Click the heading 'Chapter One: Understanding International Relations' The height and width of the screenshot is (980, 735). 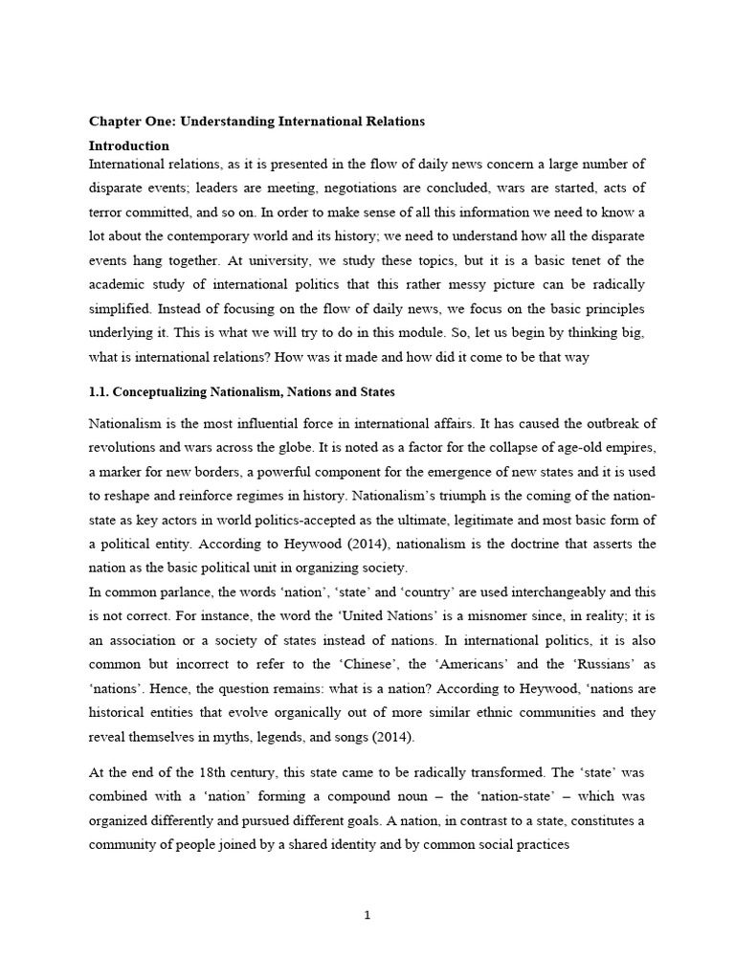tap(256, 122)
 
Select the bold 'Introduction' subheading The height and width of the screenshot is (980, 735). tap(129, 146)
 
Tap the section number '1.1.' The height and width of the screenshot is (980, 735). tap(102, 392)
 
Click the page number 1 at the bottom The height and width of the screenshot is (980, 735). tap(367, 915)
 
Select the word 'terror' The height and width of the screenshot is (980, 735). tap(107, 212)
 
